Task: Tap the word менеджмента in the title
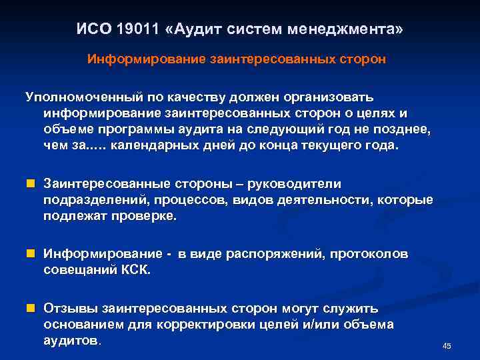345,31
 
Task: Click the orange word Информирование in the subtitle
147,59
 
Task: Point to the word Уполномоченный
72,97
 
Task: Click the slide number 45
447,346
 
